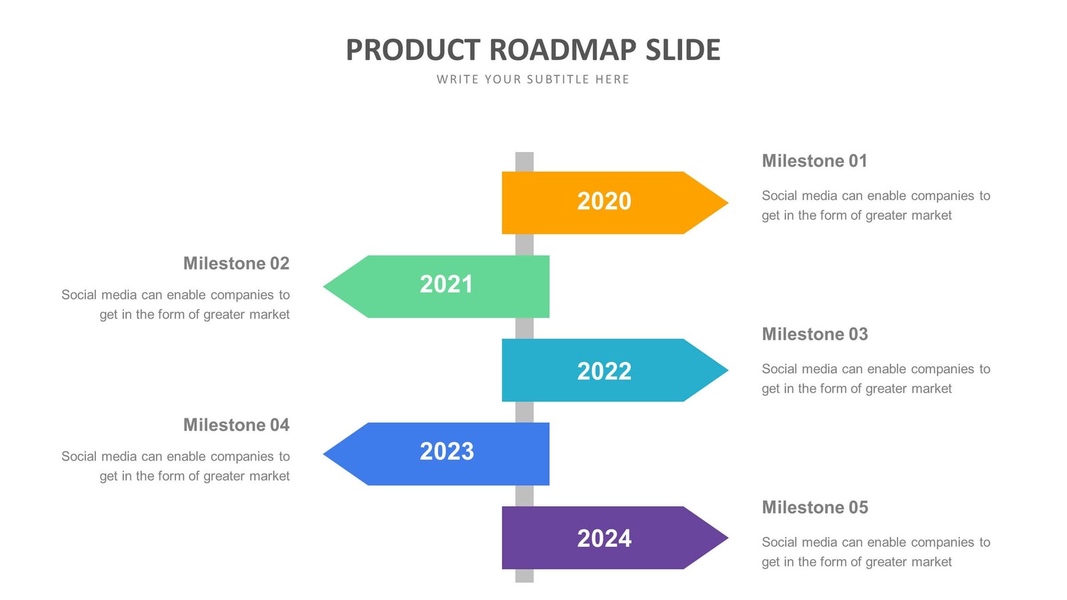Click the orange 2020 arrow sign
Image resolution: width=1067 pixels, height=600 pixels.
[x=604, y=203]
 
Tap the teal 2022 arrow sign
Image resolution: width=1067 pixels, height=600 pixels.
[x=604, y=370]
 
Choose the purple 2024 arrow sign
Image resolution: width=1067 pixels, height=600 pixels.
[x=604, y=537]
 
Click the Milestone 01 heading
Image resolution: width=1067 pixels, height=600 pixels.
[x=814, y=161]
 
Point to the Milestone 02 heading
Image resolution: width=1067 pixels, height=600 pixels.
[x=236, y=263]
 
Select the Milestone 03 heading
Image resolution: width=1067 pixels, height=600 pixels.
[x=814, y=334]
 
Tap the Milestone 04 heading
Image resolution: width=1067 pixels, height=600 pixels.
[x=236, y=425]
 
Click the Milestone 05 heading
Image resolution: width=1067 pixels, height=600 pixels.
[x=814, y=507]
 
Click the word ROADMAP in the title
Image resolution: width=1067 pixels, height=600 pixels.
[x=563, y=50]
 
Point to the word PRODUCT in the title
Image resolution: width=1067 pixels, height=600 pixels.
[x=413, y=50]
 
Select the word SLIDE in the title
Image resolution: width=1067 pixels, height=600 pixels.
[x=683, y=50]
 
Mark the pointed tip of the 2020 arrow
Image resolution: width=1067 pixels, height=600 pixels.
[x=726, y=203]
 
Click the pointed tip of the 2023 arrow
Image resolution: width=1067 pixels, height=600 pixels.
[x=326, y=454]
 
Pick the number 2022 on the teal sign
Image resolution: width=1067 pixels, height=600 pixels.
[x=604, y=371]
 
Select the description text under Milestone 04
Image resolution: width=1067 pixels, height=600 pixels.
[x=176, y=466]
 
